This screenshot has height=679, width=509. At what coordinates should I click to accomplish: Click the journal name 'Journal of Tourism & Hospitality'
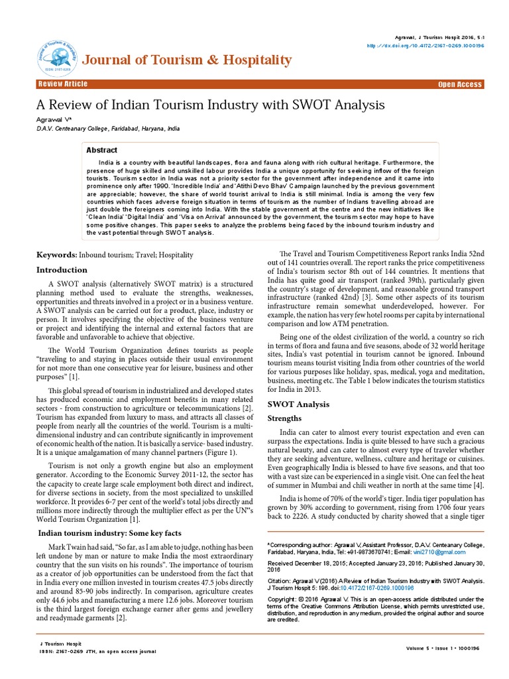[188, 60]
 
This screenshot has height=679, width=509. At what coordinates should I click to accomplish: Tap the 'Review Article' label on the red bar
[63, 84]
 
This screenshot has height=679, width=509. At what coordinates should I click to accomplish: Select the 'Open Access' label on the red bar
[460, 85]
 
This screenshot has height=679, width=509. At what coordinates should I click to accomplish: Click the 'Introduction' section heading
[62, 270]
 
